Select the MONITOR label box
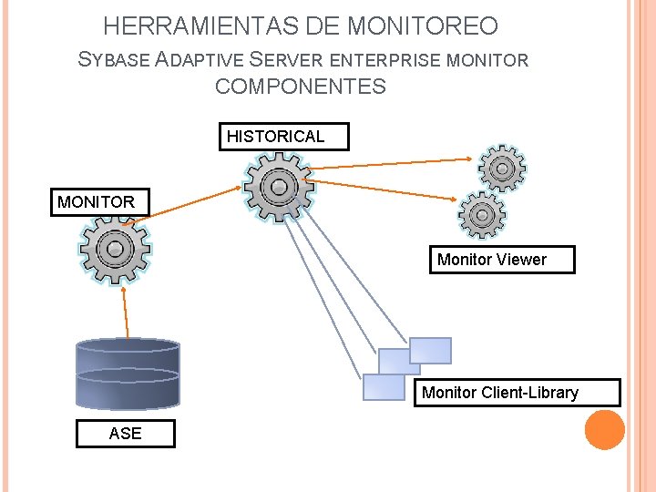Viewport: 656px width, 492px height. [96, 202]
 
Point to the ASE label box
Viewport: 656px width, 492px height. [125, 434]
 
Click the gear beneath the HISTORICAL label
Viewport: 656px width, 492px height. [278, 187]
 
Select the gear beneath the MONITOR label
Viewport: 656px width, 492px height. [115, 249]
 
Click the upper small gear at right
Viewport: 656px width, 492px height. [501, 168]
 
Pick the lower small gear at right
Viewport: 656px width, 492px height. [482, 215]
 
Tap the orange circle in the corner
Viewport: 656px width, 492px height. [604, 429]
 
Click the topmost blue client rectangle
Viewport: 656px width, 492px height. [430, 351]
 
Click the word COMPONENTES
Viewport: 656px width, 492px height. [301, 87]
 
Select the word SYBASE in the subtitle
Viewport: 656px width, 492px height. [115, 61]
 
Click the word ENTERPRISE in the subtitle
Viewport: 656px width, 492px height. [384, 61]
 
